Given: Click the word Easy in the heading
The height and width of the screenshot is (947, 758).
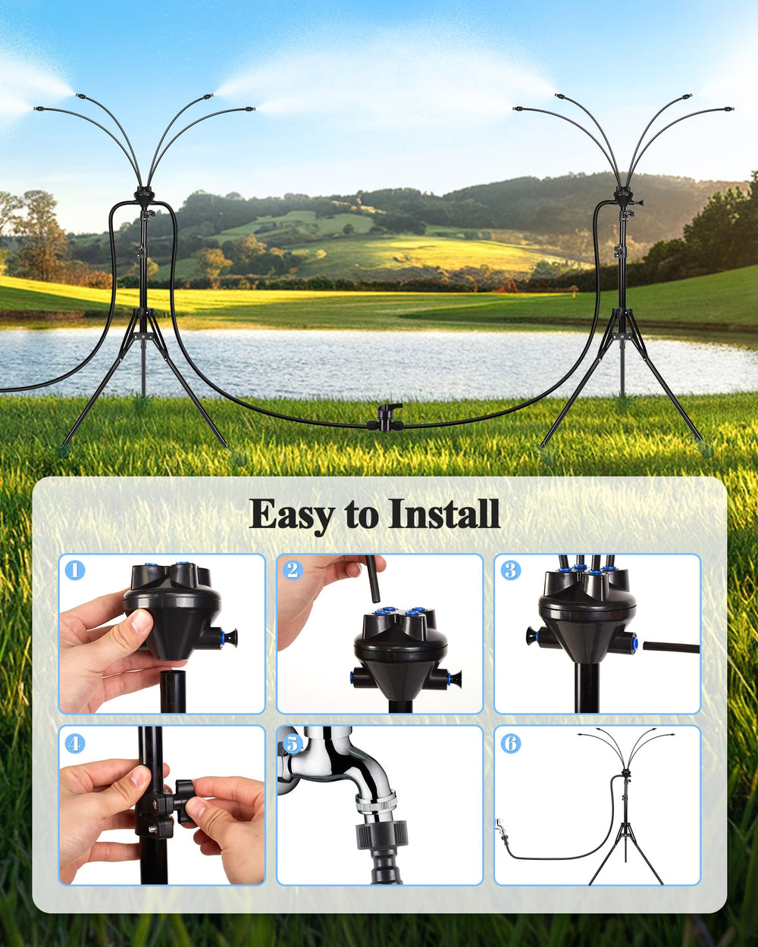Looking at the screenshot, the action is [290, 515].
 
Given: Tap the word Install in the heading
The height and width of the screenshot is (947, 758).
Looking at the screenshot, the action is [444, 513].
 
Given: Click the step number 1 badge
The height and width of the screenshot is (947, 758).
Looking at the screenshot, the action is [75, 570].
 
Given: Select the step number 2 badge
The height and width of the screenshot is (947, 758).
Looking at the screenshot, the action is [293, 570].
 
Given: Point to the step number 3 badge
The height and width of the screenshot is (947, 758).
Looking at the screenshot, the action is [510, 570].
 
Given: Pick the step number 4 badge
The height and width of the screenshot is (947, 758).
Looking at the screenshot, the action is [75, 744].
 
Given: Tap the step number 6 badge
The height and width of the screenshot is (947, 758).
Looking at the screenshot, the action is [510, 744].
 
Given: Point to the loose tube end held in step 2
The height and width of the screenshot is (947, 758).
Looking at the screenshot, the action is [373, 579].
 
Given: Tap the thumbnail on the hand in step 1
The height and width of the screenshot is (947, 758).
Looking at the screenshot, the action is [142, 621].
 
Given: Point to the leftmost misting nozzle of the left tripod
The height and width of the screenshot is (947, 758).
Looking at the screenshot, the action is [39, 108].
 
